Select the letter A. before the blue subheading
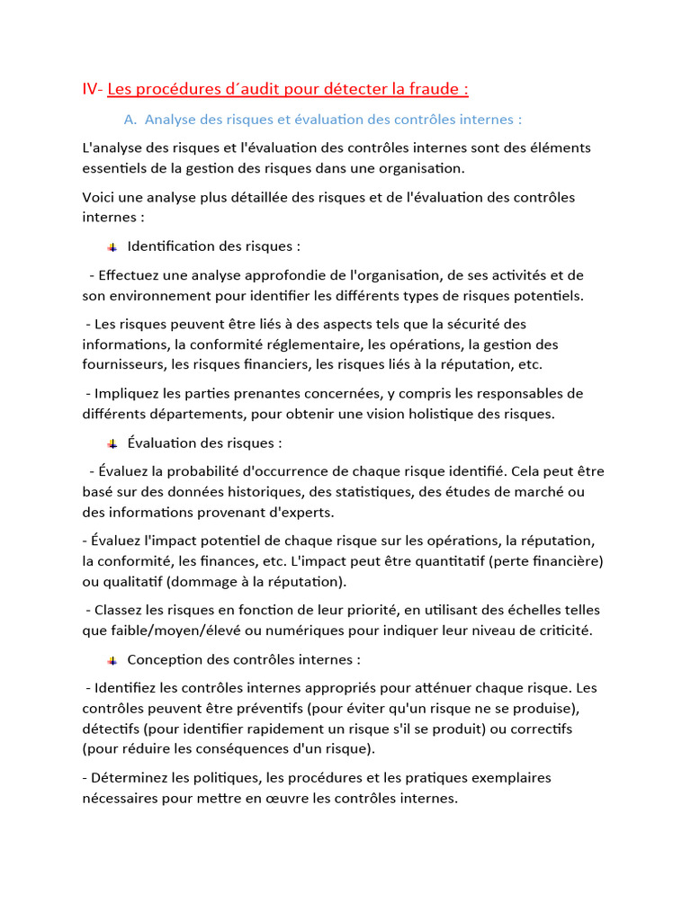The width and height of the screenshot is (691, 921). pos(130,119)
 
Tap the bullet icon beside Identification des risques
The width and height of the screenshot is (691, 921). pos(112,246)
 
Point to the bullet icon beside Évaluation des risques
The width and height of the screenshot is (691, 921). pos(112,443)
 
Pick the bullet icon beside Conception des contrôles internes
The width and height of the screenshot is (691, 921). pos(112,660)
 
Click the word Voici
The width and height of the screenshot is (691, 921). pos(100,197)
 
